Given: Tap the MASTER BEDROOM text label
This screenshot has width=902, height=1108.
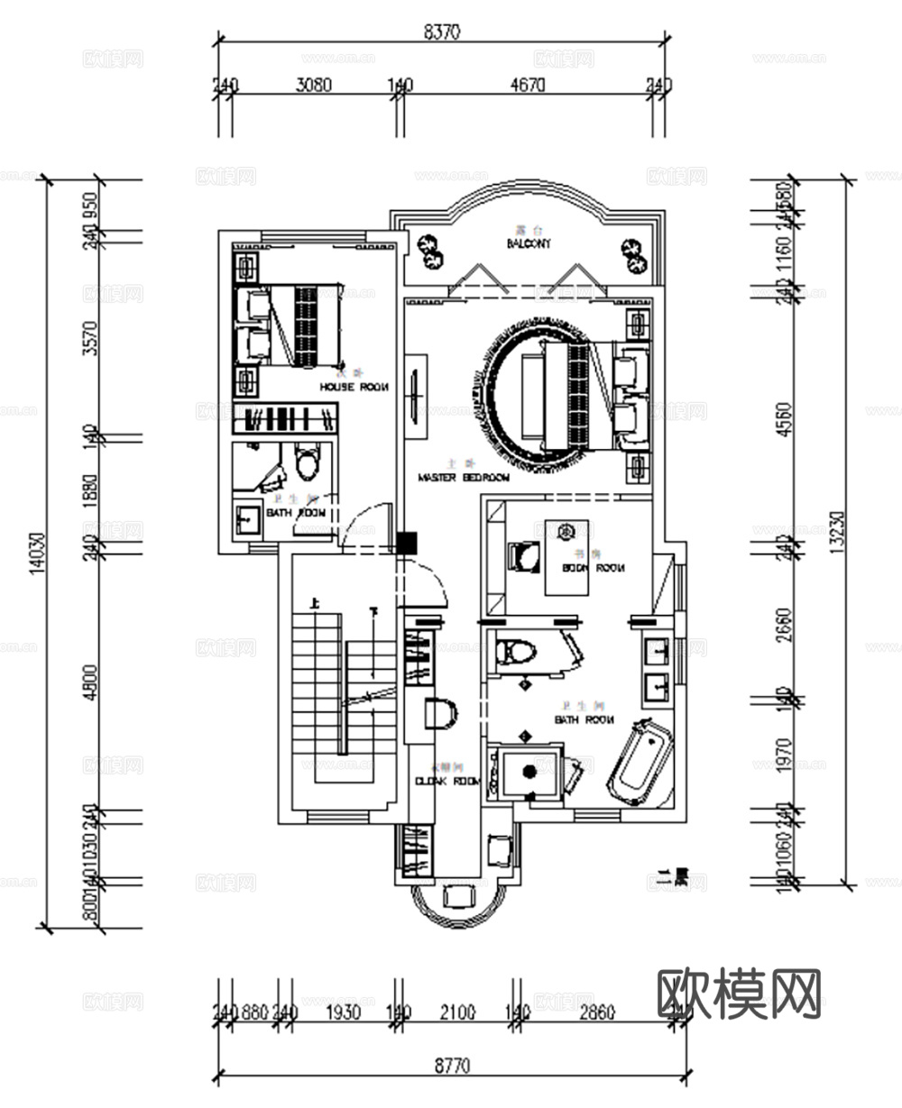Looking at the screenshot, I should click(x=464, y=477).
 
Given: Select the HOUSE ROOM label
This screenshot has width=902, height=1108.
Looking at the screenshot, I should click(x=354, y=387).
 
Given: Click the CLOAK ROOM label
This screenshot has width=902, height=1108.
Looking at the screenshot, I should click(x=448, y=782).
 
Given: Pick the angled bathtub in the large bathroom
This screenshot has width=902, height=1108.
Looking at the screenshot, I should click(x=641, y=762).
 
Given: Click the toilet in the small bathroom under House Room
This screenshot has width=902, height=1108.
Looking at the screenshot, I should click(x=308, y=464).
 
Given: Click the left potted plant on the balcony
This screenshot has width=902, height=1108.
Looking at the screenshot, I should click(x=428, y=252).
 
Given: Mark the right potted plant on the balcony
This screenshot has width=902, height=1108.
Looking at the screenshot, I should click(x=633, y=255).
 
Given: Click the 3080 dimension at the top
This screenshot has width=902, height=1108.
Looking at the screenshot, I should click(x=314, y=86).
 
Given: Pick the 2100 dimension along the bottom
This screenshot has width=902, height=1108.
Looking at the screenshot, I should click(x=457, y=1012).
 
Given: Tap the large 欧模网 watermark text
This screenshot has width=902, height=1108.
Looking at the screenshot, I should click(x=740, y=994).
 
